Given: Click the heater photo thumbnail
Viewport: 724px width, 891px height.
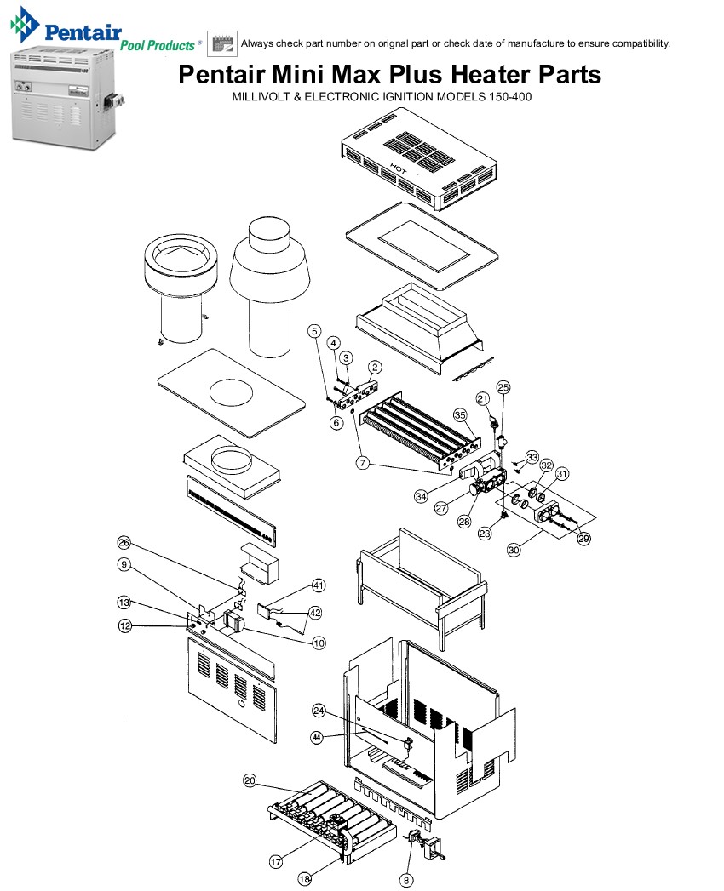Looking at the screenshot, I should [60, 98].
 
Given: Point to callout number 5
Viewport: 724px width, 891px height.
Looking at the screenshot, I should [314, 330].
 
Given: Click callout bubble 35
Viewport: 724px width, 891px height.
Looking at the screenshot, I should [461, 415].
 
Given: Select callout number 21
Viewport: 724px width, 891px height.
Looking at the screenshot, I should [483, 398].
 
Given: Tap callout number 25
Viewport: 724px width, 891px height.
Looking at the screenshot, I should [503, 386].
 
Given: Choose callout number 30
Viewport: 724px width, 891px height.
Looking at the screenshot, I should [514, 551].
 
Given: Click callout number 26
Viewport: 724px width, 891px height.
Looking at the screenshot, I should [124, 543].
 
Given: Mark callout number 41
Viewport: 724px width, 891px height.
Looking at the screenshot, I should [319, 585].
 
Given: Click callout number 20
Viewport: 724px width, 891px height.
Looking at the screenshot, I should [250, 780].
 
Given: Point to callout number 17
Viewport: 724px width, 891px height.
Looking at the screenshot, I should [276, 861].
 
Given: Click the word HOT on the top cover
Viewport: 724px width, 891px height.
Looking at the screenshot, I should [396, 167].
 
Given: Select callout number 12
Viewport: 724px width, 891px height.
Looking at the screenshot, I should [124, 626].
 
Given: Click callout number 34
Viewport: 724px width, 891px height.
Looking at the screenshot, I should [421, 496].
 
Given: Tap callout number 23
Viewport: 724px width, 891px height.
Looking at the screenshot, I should [485, 534].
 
